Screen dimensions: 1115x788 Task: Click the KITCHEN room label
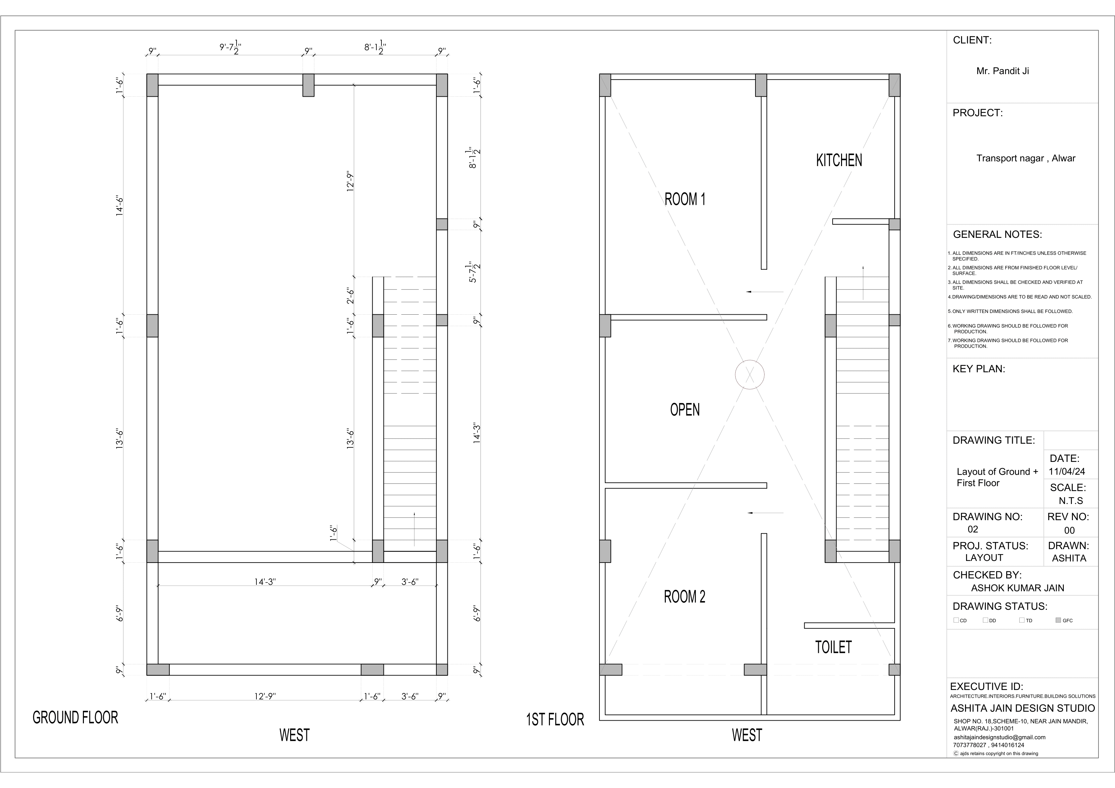coord(839,160)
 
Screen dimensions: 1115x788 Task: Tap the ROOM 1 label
coord(685,199)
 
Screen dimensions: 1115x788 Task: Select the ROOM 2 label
coord(685,597)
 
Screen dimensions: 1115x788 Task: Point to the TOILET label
coord(833,647)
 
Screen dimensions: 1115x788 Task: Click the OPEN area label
coord(685,410)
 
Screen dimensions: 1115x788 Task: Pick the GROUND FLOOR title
coord(75,718)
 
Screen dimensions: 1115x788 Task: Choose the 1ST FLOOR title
coord(555,720)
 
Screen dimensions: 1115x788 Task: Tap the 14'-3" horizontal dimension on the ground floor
coord(265,582)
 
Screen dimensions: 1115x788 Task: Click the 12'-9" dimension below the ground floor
coord(265,696)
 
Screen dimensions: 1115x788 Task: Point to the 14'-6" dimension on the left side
coord(120,206)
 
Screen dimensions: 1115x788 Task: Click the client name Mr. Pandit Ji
coord(1003,71)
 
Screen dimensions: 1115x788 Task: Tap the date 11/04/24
coord(1067,471)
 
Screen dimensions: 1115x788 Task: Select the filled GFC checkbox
coord(1058,620)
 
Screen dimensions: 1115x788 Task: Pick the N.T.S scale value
coord(1071,501)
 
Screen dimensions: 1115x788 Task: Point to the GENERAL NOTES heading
coord(997,234)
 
